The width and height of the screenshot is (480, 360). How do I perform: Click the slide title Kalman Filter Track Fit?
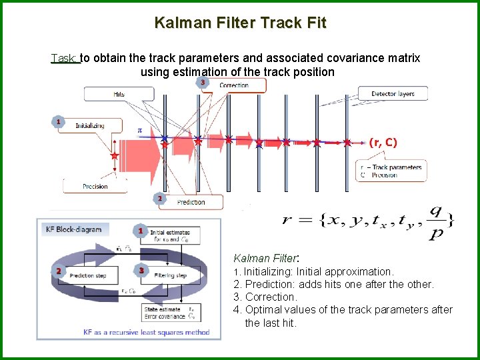(240, 23)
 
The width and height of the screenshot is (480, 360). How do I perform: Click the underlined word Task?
(65, 58)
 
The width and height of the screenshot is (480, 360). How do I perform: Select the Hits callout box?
(119, 95)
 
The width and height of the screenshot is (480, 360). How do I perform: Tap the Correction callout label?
(233, 85)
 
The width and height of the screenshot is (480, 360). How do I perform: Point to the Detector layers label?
(393, 94)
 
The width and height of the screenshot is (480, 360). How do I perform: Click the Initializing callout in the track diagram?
(89, 125)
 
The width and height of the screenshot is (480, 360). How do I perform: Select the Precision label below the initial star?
(95, 186)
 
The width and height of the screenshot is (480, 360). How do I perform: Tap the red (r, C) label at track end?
(383, 142)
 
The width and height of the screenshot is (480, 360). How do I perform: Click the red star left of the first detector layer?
(115, 156)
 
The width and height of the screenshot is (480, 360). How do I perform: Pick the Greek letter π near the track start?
(139, 131)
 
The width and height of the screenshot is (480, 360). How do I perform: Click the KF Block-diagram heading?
(73, 229)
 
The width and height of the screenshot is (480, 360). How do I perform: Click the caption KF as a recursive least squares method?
(127, 331)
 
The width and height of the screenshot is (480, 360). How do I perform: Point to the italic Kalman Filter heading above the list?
(265, 258)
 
